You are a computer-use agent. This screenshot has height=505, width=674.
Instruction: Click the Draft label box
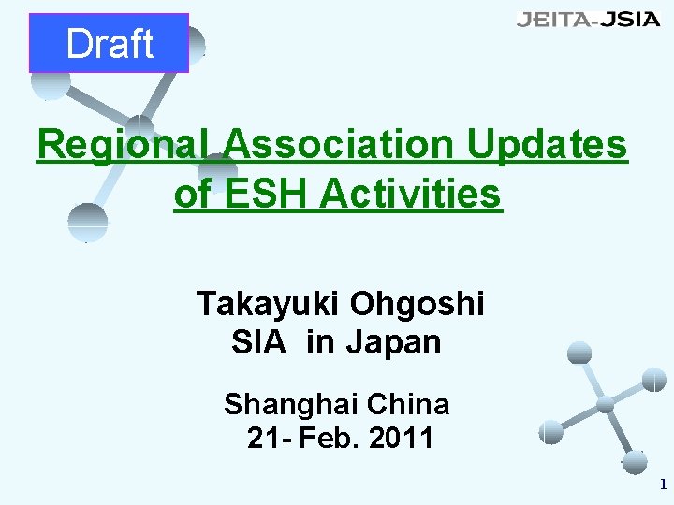[109, 43]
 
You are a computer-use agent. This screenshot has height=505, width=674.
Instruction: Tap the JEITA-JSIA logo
[588, 20]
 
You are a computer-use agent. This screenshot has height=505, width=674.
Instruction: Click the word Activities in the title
[410, 195]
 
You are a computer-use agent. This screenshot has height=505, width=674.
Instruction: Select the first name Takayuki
[268, 303]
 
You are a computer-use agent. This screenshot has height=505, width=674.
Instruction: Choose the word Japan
[392, 342]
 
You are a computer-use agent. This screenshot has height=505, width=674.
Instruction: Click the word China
[408, 404]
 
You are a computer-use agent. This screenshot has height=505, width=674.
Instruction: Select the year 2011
[400, 437]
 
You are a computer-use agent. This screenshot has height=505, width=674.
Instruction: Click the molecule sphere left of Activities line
[88, 221]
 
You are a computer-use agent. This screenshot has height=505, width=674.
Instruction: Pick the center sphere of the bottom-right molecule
[606, 405]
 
